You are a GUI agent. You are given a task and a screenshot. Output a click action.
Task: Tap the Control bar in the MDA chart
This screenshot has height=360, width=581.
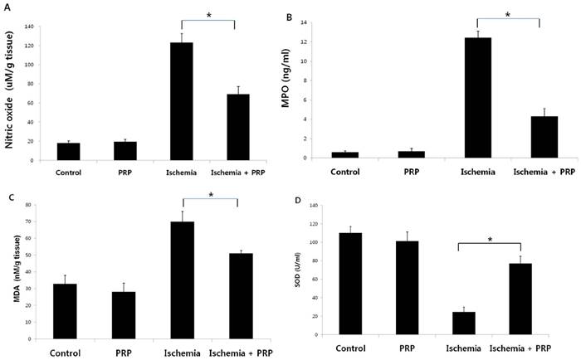[64, 311]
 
